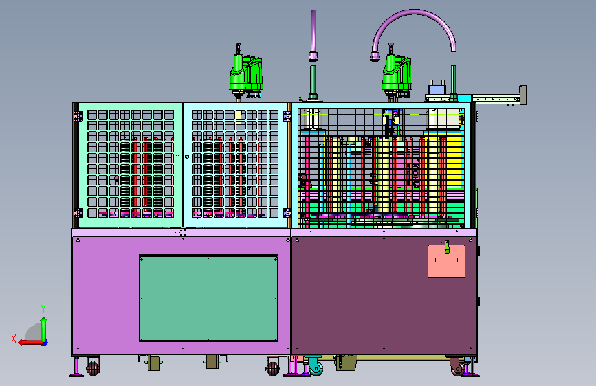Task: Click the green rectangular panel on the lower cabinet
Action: click(209, 298)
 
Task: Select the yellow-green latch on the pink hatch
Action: click(447, 247)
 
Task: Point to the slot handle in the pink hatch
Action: click(447, 260)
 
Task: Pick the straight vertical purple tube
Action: click(313, 34)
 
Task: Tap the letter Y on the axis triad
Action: click(43, 309)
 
